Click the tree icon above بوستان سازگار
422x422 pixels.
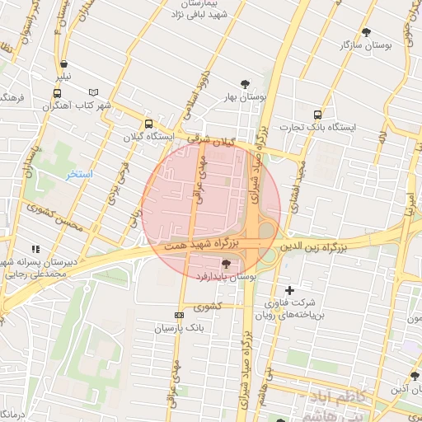[366, 32]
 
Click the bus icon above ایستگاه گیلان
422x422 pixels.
[148, 124]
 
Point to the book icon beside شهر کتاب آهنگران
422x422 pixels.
[93, 92]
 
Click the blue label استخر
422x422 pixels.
[81, 175]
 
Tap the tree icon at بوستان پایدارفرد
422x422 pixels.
[226, 260]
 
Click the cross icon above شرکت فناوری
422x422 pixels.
[289, 290]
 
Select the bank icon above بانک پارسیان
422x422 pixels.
[179, 316]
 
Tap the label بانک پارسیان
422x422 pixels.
[178, 328]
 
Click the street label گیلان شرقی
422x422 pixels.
[210, 141]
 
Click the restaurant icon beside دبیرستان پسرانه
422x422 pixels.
[35, 248]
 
